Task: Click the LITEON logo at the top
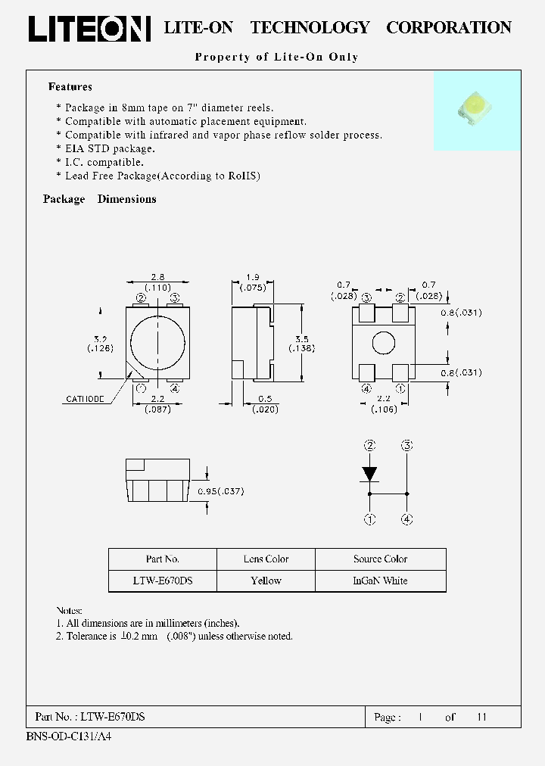(x=89, y=28)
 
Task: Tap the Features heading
(x=70, y=87)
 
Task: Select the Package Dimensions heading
(x=99, y=199)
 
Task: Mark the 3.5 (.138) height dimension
(x=302, y=343)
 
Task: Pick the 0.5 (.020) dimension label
(x=266, y=404)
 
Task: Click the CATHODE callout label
(x=86, y=398)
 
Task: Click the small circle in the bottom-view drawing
(x=383, y=343)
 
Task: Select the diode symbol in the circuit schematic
(x=369, y=474)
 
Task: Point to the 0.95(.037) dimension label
(x=220, y=491)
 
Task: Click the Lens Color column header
(x=266, y=559)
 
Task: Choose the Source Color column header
(x=380, y=559)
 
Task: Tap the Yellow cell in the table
(x=266, y=581)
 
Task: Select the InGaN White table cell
(x=380, y=581)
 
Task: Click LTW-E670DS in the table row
(x=162, y=581)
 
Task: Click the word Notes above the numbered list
(x=69, y=610)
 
